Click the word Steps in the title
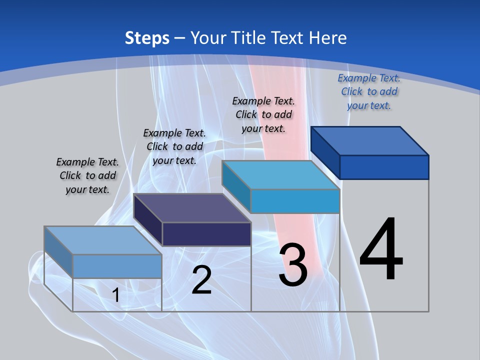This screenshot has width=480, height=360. pyautogui.click(x=147, y=38)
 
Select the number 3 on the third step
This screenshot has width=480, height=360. pyautogui.click(x=293, y=265)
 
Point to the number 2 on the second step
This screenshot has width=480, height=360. pyautogui.click(x=201, y=280)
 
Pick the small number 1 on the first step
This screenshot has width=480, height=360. pyautogui.click(x=116, y=295)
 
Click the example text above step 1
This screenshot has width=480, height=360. pyautogui.click(x=87, y=175)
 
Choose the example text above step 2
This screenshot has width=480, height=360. pyautogui.click(x=174, y=146)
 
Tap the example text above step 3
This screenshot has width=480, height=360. pyautogui.click(x=263, y=114)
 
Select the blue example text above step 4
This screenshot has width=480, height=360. pyautogui.click(x=369, y=91)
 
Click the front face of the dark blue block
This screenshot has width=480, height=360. pyautogui.click(x=384, y=167)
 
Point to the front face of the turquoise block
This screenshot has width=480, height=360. pyautogui.click(x=295, y=201)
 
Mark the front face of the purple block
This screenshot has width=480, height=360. pyautogui.click(x=206, y=234)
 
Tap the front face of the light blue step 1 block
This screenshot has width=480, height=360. pyautogui.click(x=117, y=266)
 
